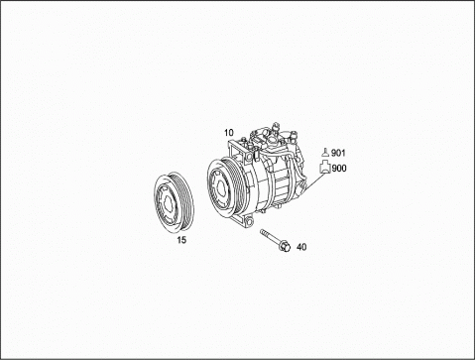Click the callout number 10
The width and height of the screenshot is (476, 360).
coord(229,133)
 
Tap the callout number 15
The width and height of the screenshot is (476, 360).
coord(181,240)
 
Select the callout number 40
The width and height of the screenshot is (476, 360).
coord(301,247)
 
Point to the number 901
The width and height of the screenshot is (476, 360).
coord(338,153)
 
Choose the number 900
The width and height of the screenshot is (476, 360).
coord(339,169)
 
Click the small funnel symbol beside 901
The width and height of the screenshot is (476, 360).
coord(325,153)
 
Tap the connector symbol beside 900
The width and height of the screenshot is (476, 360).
coord(325,167)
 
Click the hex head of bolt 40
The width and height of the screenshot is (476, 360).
coord(286,246)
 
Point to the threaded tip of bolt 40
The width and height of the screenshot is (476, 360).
coord(263,231)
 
